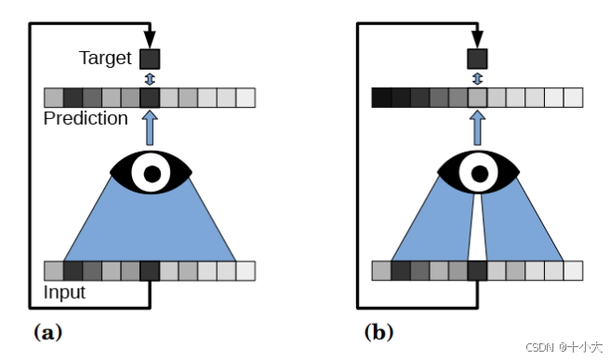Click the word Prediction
click(85, 118)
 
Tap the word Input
click(65, 292)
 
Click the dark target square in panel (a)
click(150, 59)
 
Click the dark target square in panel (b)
click(477, 59)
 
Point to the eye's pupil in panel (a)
click(150, 172)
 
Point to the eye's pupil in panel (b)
click(478, 172)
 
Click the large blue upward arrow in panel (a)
click(150, 127)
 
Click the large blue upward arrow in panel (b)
click(478, 127)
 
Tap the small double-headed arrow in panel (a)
click(150, 78)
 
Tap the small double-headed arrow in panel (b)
click(478, 78)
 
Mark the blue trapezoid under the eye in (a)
click(150, 228)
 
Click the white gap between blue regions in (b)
click(477, 237)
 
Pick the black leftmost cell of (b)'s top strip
click(380, 97)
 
